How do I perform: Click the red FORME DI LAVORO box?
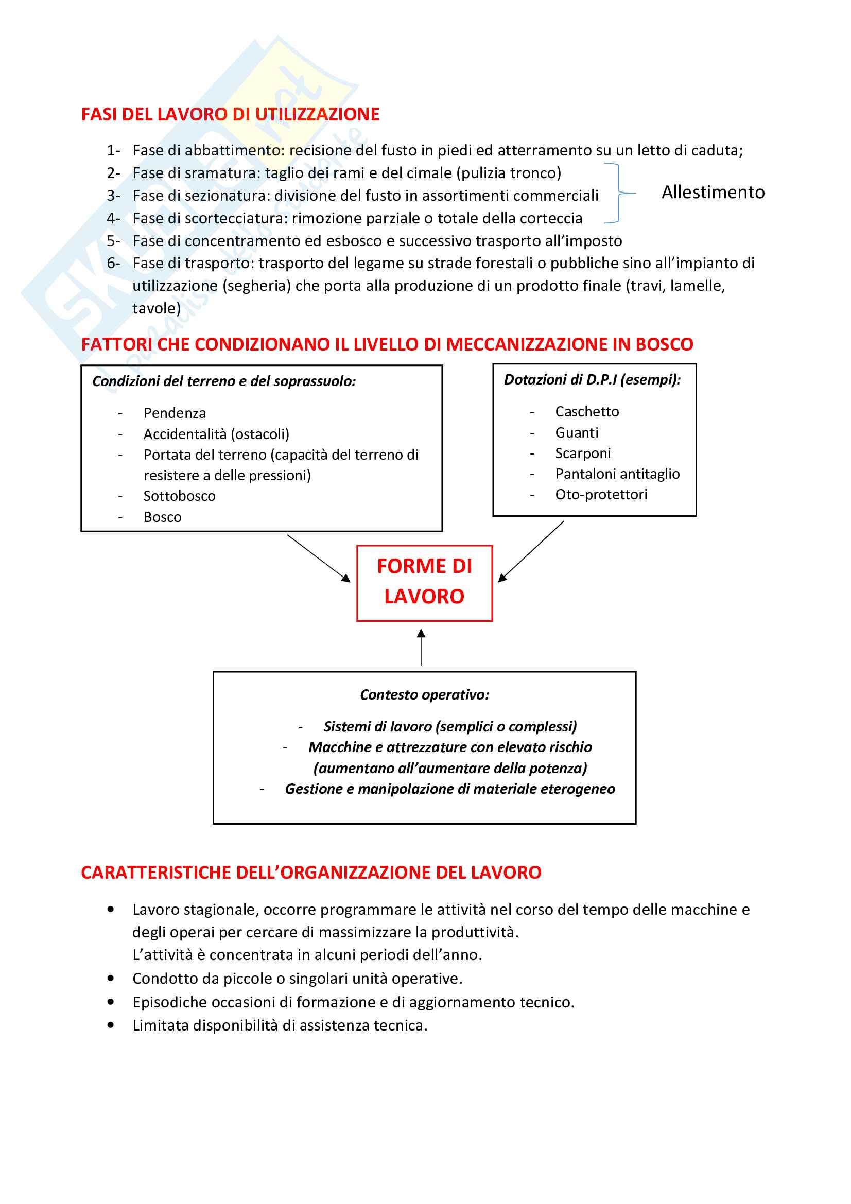click(424, 583)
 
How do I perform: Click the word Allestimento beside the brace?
click(713, 193)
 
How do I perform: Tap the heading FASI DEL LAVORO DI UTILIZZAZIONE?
click(230, 114)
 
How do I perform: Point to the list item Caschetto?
click(587, 412)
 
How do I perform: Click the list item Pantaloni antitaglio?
click(617, 474)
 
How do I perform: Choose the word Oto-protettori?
click(601, 495)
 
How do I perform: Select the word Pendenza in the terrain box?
click(175, 413)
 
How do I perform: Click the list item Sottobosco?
click(179, 496)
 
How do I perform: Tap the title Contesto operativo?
click(424, 695)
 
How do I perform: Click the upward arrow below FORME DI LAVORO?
click(421, 648)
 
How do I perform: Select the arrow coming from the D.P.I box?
click(531, 552)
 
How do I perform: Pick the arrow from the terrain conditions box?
click(318, 558)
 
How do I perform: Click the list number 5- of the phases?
click(113, 241)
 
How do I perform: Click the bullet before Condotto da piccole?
click(111, 978)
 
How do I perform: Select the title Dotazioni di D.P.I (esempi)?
click(592, 380)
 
